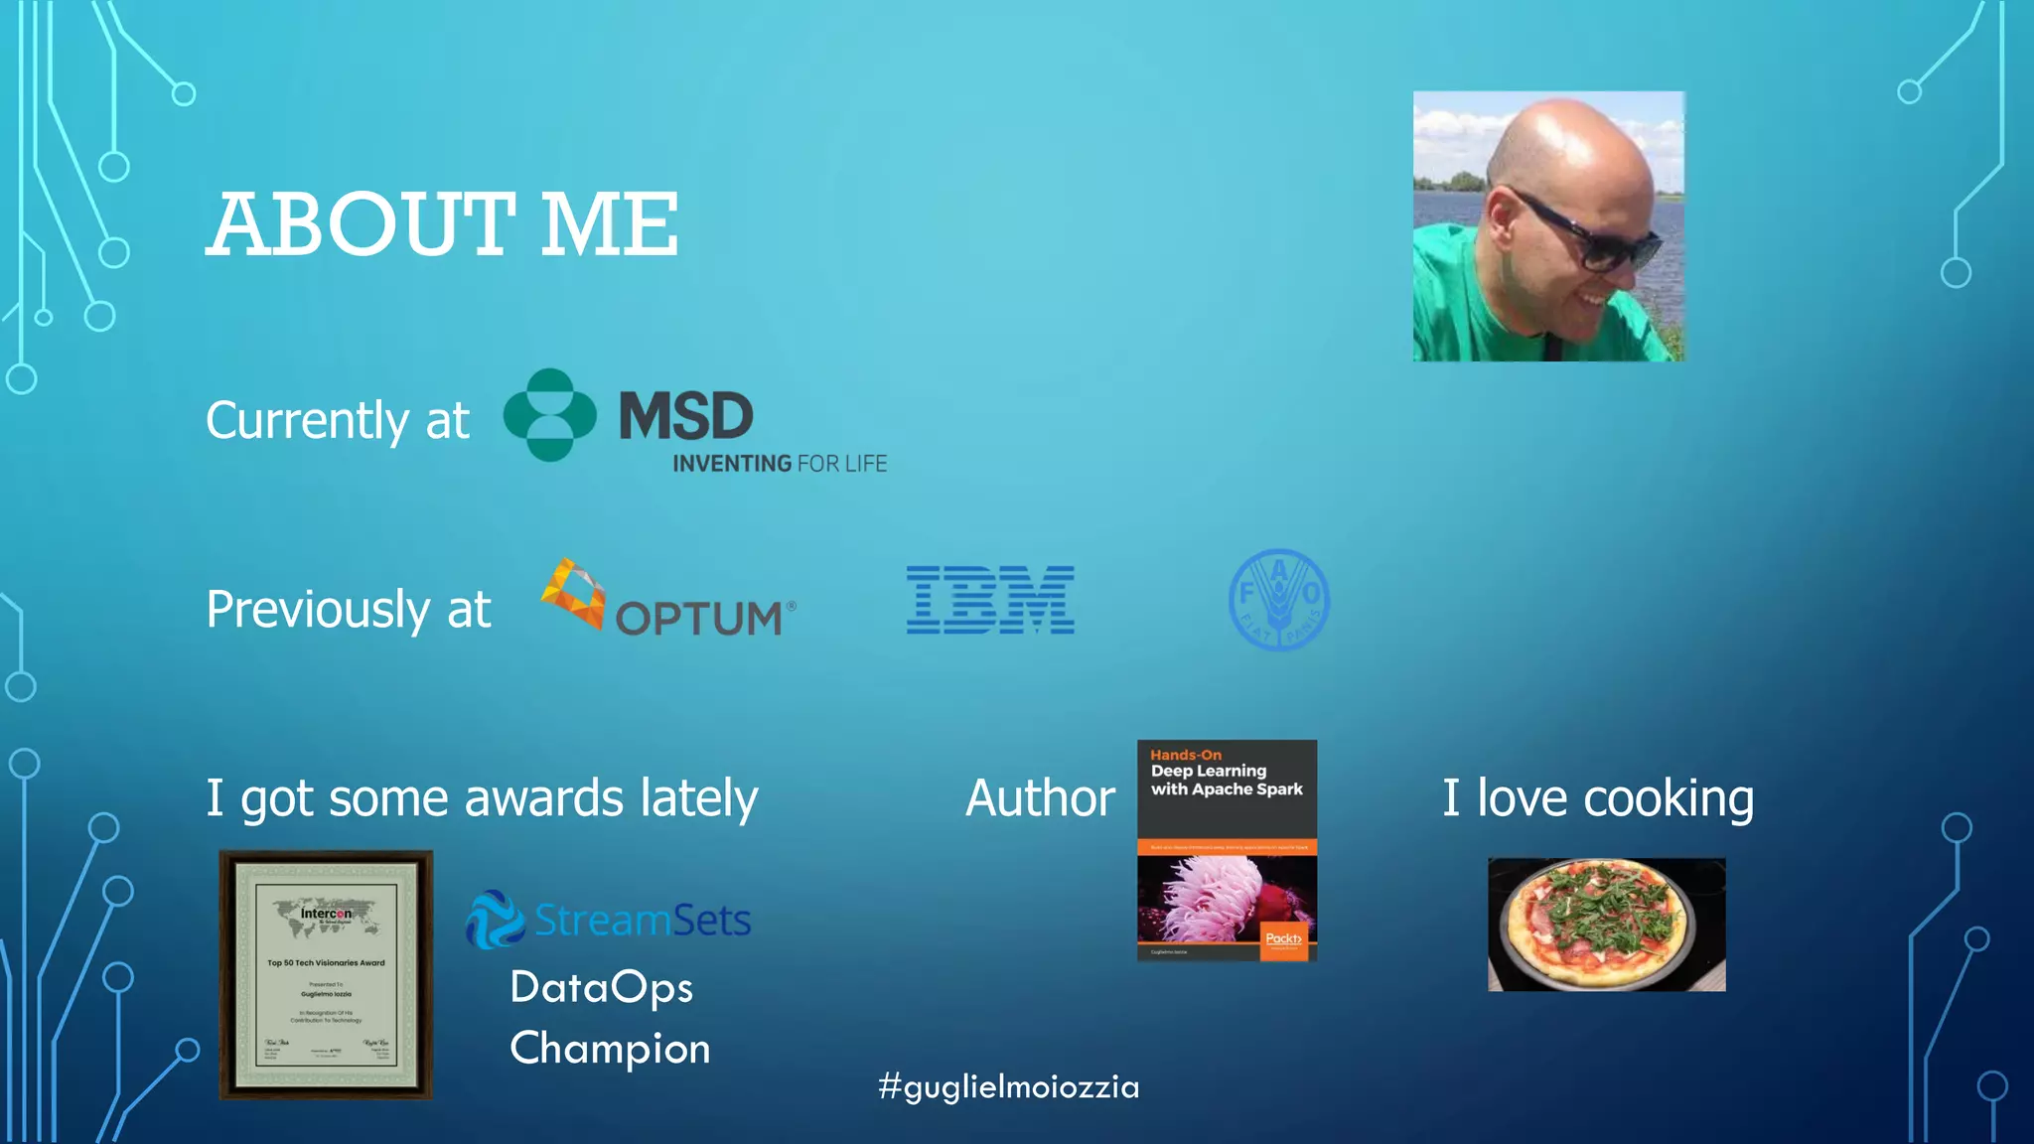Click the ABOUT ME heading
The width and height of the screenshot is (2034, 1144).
pyautogui.click(x=442, y=225)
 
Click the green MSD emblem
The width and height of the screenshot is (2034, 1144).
pyautogui.click(x=549, y=415)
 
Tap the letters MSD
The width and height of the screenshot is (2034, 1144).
pyautogui.click(x=686, y=416)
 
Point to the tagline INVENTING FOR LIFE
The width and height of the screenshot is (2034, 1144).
pyautogui.click(x=780, y=464)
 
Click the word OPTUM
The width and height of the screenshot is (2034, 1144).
pyautogui.click(x=699, y=618)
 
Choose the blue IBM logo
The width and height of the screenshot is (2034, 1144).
pyautogui.click(x=990, y=600)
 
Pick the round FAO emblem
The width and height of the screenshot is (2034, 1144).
pyautogui.click(x=1279, y=600)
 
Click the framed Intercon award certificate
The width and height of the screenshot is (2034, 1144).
pyautogui.click(x=326, y=974)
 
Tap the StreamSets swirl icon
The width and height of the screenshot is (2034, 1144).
pyautogui.click(x=495, y=919)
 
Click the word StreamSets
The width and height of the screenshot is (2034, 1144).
pyautogui.click(x=643, y=921)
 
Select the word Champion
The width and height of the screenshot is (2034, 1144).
pyautogui.click(x=610, y=1049)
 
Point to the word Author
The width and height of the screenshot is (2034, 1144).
pyautogui.click(x=1040, y=798)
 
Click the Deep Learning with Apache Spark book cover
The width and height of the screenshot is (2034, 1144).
pyautogui.click(x=1227, y=850)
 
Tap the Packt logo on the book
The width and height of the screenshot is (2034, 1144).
pyautogui.click(x=1283, y=938)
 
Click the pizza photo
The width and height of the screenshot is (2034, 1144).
pyautogui.click(x=1606, y=925)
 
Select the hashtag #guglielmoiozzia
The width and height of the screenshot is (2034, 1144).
pyautogui.click(x=1009, y=1086)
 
